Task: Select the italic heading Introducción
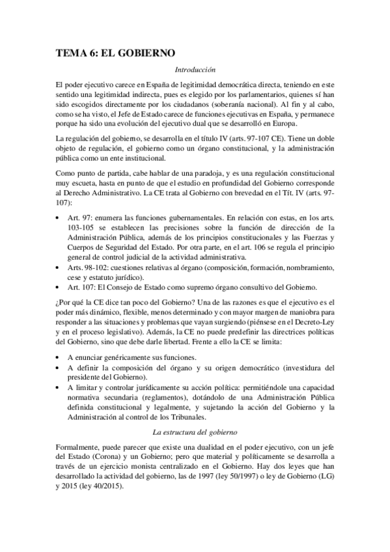pyautogui.click(x=195, y=69)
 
